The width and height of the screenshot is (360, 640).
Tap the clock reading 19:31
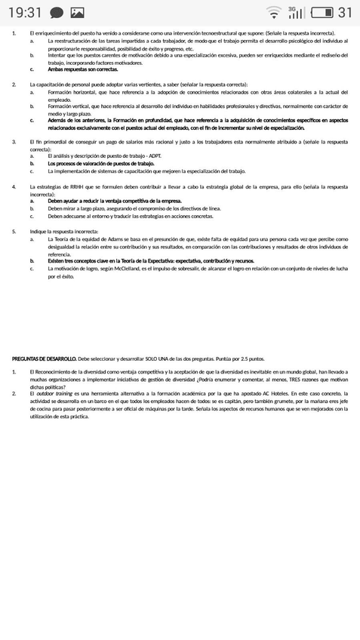pos(25,12)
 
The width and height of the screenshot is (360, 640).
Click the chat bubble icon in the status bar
pos(56,13)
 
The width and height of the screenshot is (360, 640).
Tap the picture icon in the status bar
pos(77,13)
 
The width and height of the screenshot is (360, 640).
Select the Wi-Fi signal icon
pos(273,12)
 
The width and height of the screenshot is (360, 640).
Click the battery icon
pos(322,12)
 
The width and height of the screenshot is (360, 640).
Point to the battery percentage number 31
pos(345,12)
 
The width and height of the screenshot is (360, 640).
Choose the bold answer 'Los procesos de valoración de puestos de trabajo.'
pos(100,163)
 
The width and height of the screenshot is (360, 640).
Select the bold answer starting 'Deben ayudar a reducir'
pos(114,201)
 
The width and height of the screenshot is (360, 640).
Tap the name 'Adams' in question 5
pos(117,238)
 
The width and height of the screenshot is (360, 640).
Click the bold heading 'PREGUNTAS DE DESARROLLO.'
pos(45,359)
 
